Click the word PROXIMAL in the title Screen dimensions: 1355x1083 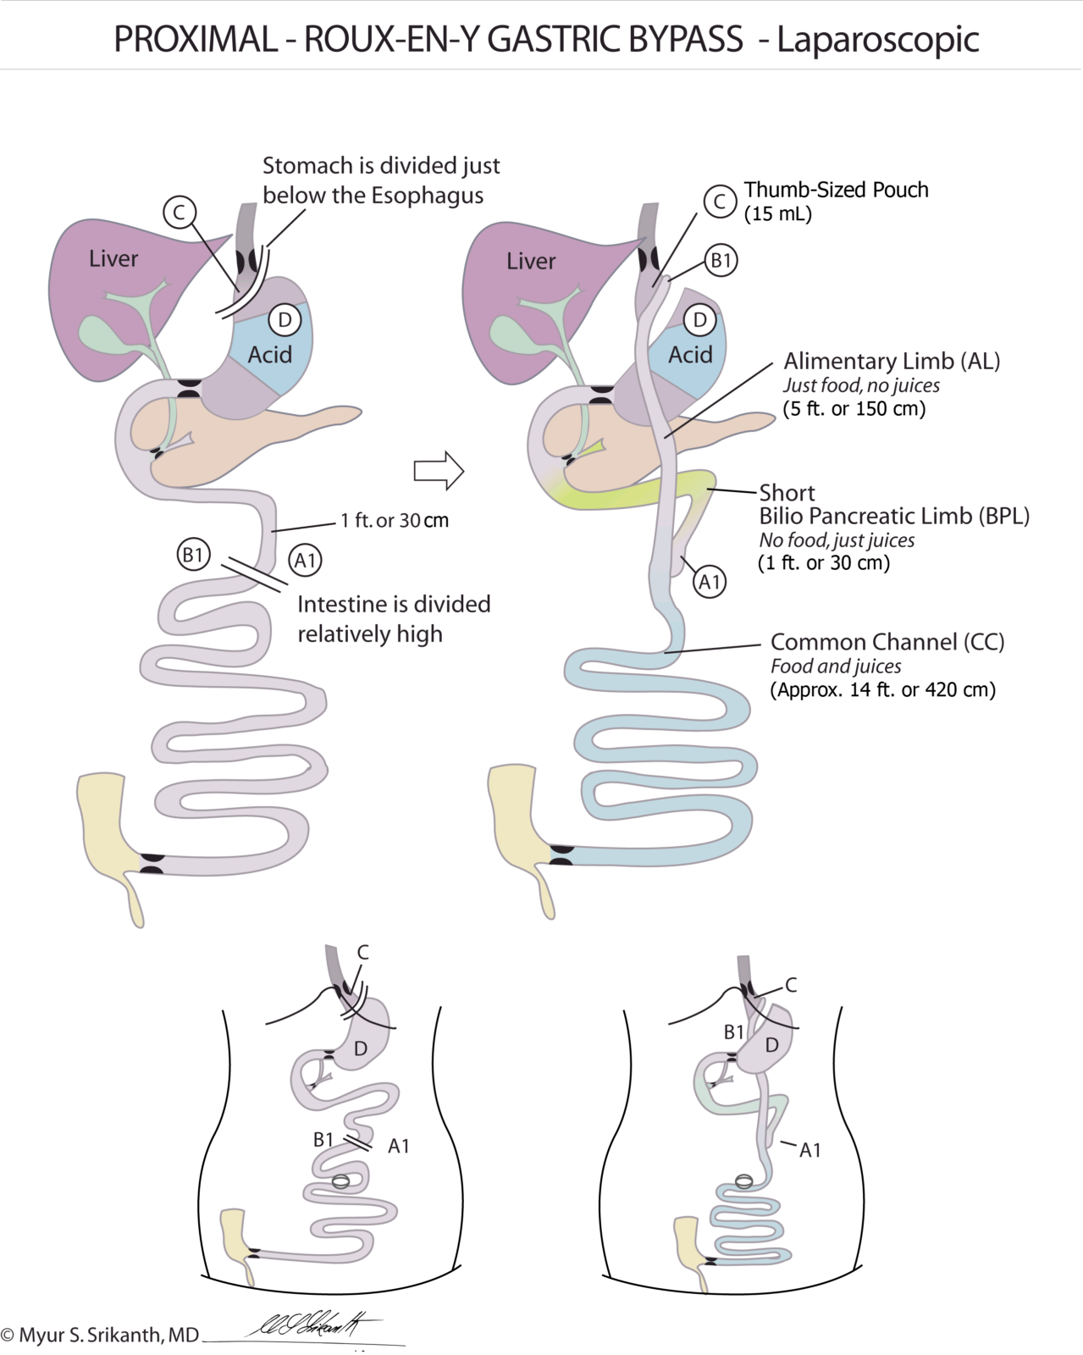coord(195,39)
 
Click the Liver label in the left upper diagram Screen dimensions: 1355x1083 coord(113,258)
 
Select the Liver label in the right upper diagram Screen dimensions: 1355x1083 coord(531,261)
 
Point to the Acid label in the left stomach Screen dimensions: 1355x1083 coord(269,354)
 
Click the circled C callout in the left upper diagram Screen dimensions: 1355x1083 coord(180,212)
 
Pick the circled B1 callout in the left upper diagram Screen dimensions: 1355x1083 coord(193,556)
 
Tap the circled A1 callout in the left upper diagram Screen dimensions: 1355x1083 coord(305,561)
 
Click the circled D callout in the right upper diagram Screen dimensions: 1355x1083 coord(699,320)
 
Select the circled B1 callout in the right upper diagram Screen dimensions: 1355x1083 coord(720,260)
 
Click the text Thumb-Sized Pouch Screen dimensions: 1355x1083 coord(836,190)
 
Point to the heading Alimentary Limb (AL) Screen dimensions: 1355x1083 coord(892,362)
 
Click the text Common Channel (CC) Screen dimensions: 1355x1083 coord(887,642)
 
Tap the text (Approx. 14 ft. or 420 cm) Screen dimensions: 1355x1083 coord(882,689)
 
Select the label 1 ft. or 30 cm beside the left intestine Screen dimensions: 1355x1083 coord(395,520)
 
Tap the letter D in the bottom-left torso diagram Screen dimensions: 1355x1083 coord(361,1049)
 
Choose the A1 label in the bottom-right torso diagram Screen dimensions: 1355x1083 coord(810,1150)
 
